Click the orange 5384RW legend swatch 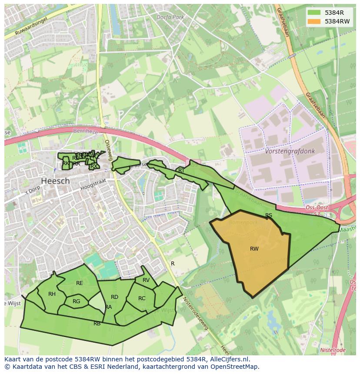point(314,21)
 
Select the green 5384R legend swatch point(314,12)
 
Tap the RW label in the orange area point(254,249)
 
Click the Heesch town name point(55,181)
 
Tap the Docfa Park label point(170,17)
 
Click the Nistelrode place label point(333,350)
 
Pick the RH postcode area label point(52,294)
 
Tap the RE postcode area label point(79,283)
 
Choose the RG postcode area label point(77,301)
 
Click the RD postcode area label point(114,297)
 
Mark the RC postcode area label point(142,298)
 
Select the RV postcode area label point(146,280)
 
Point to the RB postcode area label point(97,324)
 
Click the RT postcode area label point(181,171)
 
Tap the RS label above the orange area point(269,215)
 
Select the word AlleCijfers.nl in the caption point(228,359)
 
